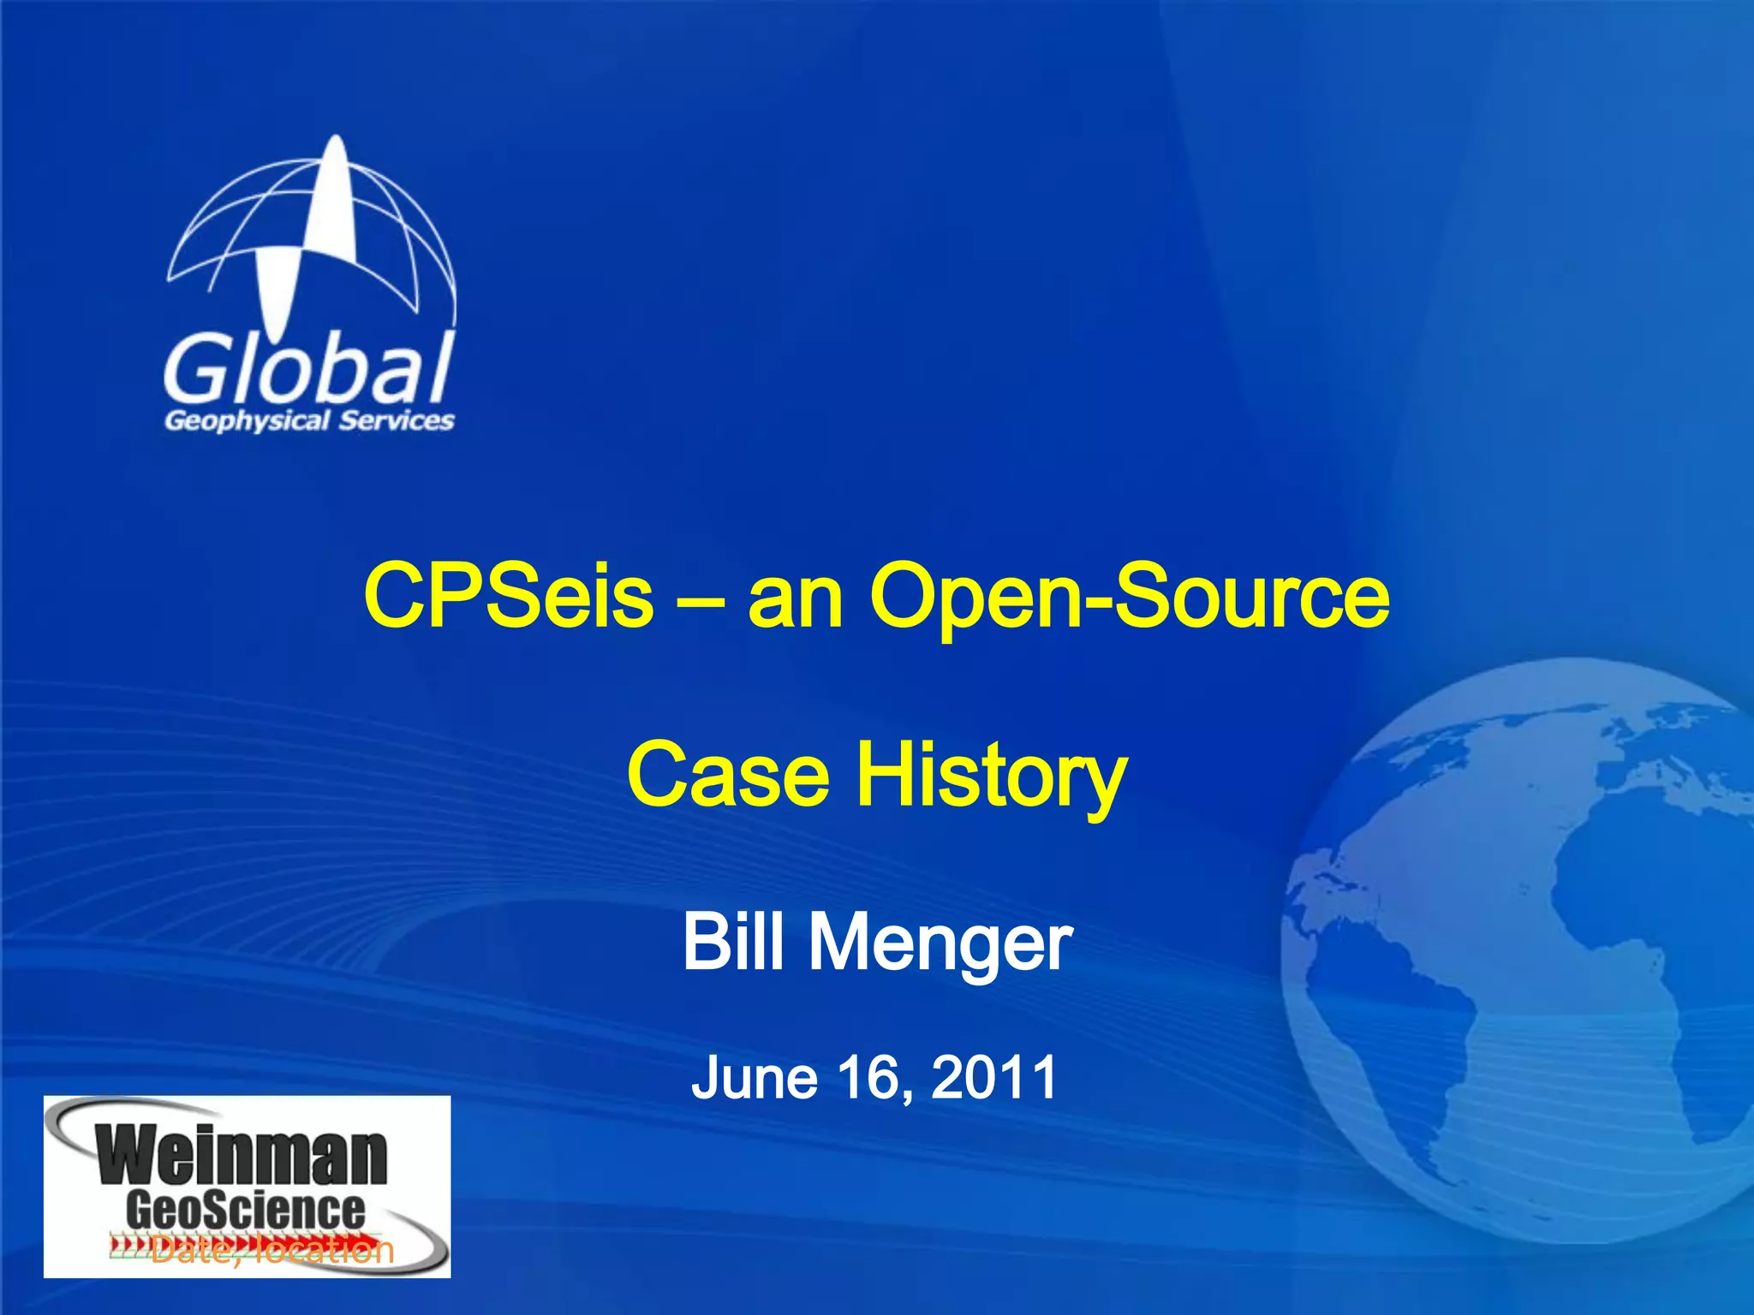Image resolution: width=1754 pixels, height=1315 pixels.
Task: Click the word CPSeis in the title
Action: [x=509, y=594]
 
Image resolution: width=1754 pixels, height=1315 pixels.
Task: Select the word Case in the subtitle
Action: [x=728, y=774]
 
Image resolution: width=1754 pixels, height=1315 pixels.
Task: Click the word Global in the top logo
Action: [x=308, y=370]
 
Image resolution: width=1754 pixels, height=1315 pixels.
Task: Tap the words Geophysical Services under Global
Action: [x=309, y=420]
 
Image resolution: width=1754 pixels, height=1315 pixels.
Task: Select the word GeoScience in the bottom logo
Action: [x=246, y=1210]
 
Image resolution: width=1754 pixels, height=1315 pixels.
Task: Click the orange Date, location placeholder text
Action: [x=272, y=1251]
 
